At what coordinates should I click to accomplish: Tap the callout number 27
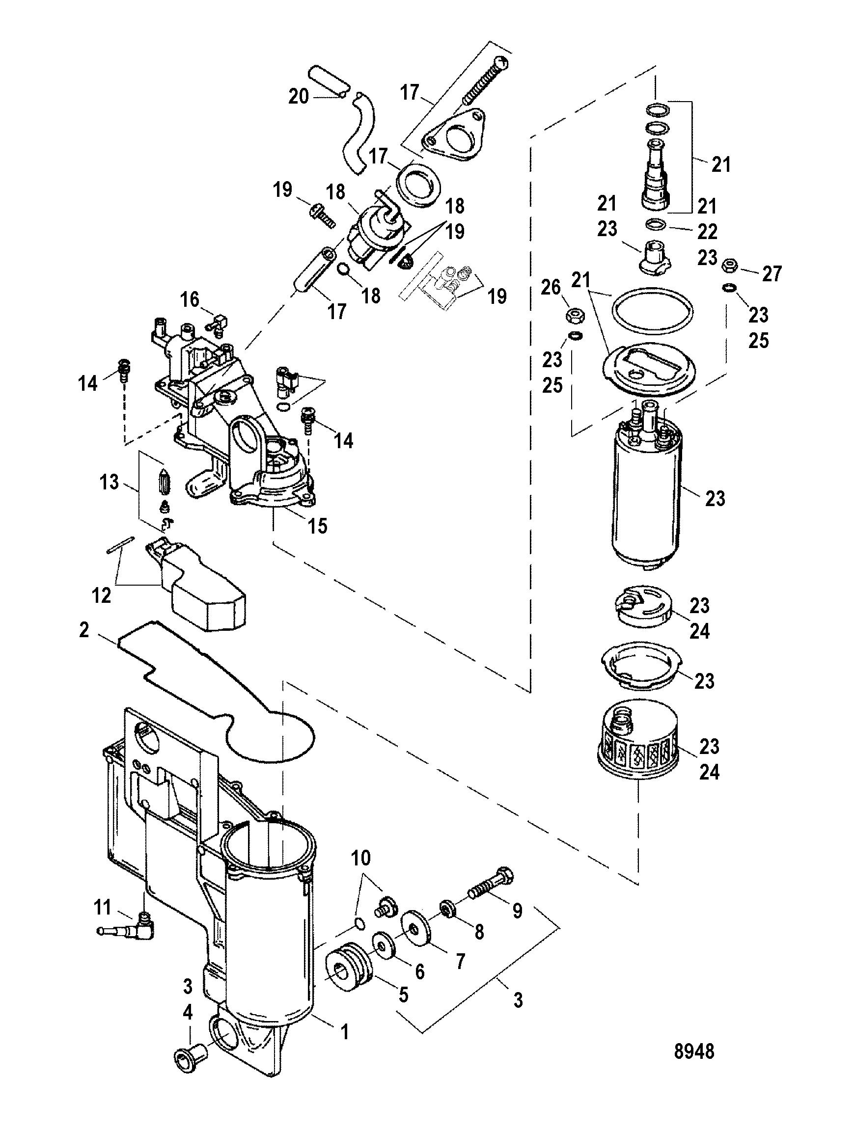click(772, 274)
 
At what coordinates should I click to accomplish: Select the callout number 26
click(551, 288)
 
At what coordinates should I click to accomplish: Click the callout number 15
click(317, 526)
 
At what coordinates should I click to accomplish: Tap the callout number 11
click(102, 908)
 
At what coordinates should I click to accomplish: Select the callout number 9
click(517, 911)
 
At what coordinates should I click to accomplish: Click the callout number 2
click(84, 630)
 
